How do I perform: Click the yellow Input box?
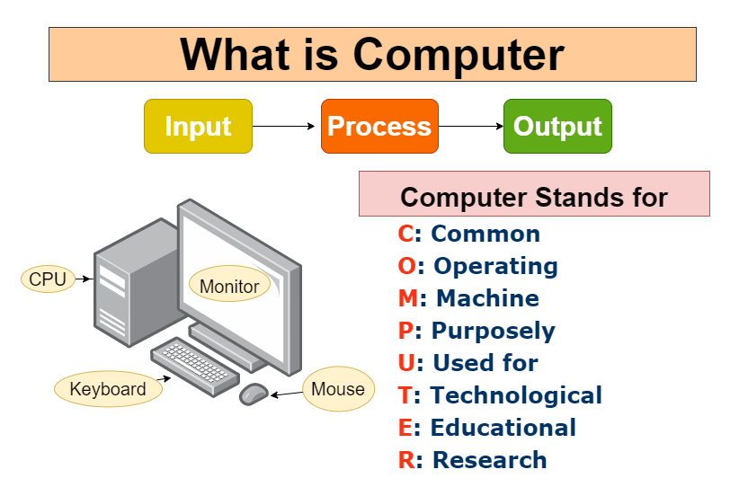[198, 126]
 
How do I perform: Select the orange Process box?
[379, 126]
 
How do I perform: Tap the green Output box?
[557, 126]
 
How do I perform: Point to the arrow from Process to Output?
[471, 127]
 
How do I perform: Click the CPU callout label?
[48, 279]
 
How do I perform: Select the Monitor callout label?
[229, 287]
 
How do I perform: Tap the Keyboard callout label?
[108, 389]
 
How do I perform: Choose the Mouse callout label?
[338, 389]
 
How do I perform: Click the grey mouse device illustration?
[254, 394]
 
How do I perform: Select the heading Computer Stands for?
[534, 197]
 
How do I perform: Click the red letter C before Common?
[405, 234]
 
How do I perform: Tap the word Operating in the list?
[495, 266]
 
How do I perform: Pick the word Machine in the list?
[487, 298]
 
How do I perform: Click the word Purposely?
[494, 331]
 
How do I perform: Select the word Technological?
[516, 395]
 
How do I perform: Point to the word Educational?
[503, 428]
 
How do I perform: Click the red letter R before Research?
[406, 460]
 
